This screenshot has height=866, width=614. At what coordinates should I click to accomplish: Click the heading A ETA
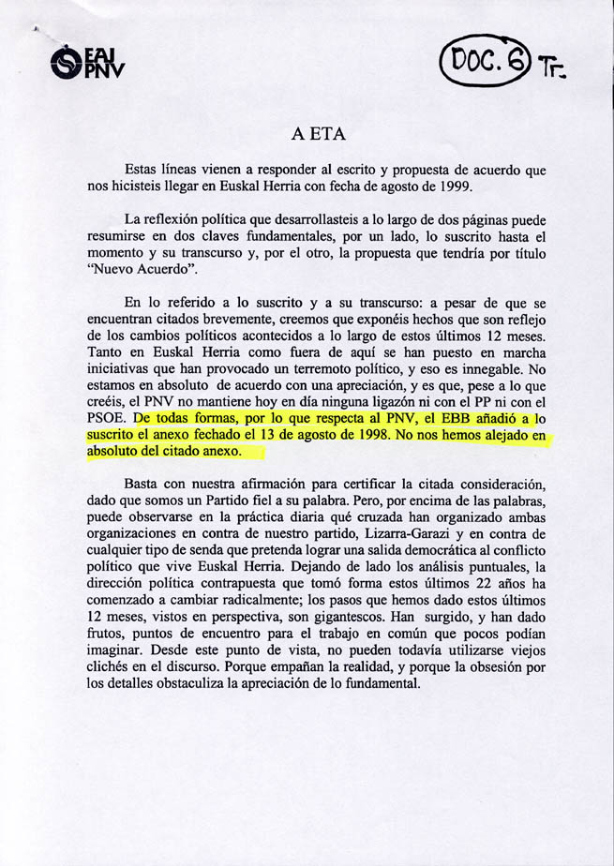[318, 134]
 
